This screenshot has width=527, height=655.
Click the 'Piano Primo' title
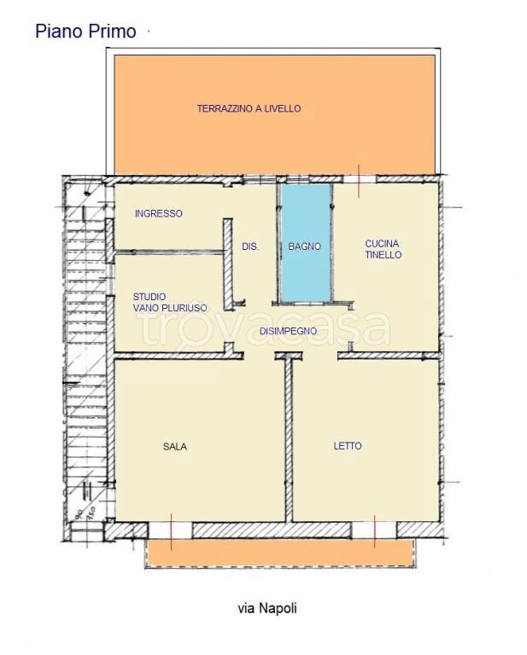(85, 32)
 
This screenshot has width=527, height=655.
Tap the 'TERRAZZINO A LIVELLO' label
(249, 108)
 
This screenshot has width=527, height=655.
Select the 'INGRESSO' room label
(159, 213)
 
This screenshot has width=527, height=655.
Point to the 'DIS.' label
(250, 246)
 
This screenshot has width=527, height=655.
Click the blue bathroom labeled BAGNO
(306, 242)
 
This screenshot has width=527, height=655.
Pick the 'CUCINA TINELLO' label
(384, 249)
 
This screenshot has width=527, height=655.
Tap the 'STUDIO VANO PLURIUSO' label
(170, 303)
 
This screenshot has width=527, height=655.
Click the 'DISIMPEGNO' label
(288, 331)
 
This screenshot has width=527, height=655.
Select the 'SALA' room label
(175, 447)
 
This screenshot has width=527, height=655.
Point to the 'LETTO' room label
(348, 446)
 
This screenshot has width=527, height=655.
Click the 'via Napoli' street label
(267, 608)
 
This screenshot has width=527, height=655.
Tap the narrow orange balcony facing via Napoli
(280, 553)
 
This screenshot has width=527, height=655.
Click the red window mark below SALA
(171, 531)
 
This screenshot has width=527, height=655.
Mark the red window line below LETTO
(375, 531)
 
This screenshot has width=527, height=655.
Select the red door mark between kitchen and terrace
(359, 181)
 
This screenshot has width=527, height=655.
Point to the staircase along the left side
(85, 355)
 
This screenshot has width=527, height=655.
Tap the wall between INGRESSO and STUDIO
(168, 252)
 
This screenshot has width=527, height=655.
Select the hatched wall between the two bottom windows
(272, 530)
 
